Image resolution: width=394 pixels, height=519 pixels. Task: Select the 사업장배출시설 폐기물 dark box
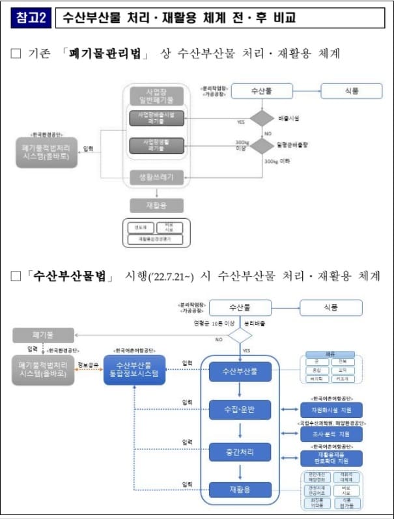156,119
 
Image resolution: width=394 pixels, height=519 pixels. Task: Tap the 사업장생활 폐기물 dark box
156,145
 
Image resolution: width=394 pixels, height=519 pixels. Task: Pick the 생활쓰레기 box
156,177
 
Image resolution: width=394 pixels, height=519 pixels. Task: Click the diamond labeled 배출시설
262,119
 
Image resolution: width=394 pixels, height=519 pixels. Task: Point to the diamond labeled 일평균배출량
262,145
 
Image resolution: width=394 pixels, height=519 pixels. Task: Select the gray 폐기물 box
44,335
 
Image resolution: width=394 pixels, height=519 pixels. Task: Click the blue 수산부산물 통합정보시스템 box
135,370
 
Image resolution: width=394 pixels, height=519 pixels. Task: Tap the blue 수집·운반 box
239,410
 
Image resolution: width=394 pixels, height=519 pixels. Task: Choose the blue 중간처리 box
239,451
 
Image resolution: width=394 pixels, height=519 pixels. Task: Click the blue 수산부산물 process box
239,372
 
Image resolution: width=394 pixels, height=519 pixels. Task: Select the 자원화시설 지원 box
331,410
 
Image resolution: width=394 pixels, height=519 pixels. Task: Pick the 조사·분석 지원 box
331,434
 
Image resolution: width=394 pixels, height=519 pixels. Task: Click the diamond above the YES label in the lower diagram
239,335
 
